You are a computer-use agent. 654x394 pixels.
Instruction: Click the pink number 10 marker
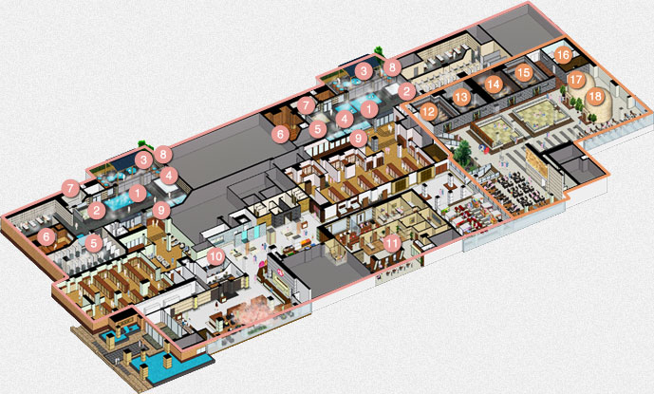[216, 256]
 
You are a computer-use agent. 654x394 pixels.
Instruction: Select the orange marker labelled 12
[429, 112]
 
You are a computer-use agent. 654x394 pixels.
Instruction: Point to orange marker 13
[461, 98]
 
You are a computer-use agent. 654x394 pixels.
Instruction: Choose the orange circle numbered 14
[493, 84]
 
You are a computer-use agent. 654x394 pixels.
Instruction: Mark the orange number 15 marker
[523, 73]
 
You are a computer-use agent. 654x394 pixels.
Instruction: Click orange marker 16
[563, 55]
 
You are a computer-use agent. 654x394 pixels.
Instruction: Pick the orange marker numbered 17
[575, 80]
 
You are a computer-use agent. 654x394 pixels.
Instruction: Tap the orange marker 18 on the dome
[595, 97]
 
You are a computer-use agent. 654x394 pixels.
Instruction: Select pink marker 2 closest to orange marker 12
[406, 91]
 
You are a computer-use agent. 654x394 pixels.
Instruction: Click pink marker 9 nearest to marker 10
[161, 210]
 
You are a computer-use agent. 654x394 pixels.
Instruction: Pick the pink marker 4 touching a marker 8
[169, 176]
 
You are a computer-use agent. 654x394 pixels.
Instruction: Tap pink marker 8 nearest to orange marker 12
[392, 67]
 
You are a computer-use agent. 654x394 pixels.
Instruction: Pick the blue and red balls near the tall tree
[484, 148]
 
